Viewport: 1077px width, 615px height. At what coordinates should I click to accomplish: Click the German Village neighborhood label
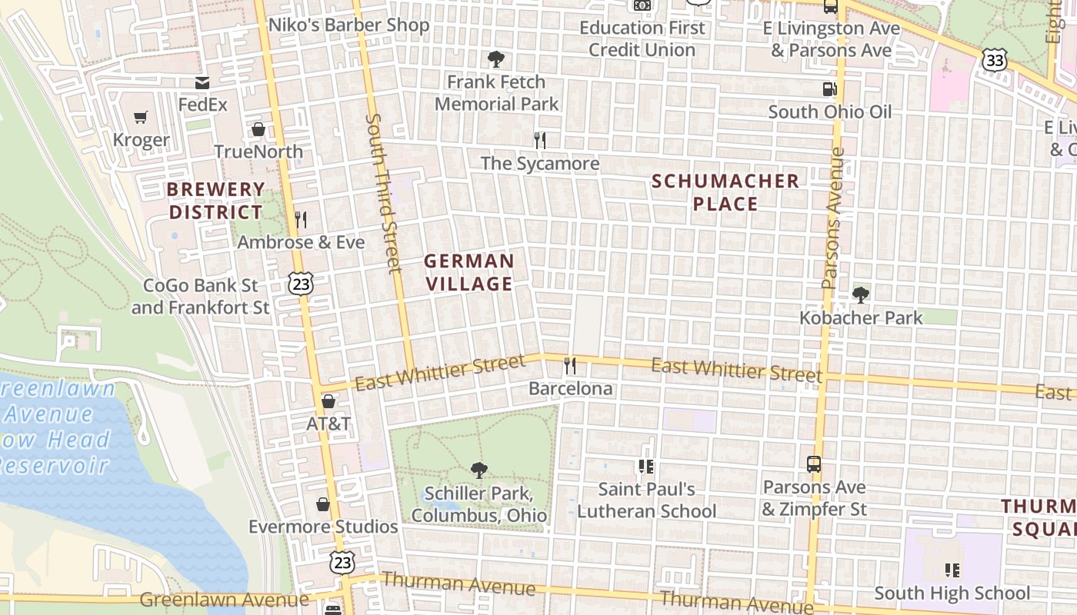[468, 273]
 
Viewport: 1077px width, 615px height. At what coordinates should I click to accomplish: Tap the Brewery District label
[215, 201]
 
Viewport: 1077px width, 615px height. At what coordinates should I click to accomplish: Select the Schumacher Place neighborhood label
[725, 192]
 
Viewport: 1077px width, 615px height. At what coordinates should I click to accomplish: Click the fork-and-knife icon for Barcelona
[570, 365]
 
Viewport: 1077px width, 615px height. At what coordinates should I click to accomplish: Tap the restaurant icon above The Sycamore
[540, 140]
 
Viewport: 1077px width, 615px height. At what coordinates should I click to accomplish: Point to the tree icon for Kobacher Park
[861, 294]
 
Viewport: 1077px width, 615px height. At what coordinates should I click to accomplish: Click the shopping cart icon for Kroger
[140, 118]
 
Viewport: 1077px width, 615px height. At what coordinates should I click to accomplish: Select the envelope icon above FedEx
[202, 82]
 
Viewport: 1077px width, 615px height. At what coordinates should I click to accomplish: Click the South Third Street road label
[384, 193]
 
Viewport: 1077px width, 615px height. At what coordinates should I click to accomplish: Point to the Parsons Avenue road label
[833, 218]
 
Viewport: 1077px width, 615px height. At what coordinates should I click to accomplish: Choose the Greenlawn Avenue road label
[224, 599]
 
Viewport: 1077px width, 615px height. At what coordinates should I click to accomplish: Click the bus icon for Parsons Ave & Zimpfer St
[814, 464]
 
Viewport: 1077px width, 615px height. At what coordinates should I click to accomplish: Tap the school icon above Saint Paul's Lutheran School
[646, 466]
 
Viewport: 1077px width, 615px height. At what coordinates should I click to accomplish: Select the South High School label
[952, 593]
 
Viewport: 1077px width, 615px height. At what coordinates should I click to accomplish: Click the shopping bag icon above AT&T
[328, 401]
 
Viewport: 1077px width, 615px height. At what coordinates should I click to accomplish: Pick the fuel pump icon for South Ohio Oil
[829, 88]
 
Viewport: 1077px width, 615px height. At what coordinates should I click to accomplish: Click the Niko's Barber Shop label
[348, 25]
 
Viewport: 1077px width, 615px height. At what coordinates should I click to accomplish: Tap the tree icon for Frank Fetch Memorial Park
[496, 58]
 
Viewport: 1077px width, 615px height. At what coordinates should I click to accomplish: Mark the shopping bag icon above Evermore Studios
[323, 504]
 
